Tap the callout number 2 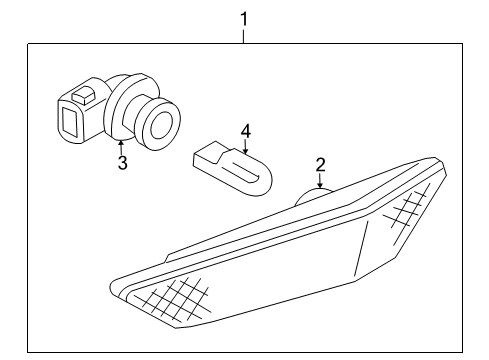pos(320,163)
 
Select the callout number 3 pos(122,163)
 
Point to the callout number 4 pos(244,131)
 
